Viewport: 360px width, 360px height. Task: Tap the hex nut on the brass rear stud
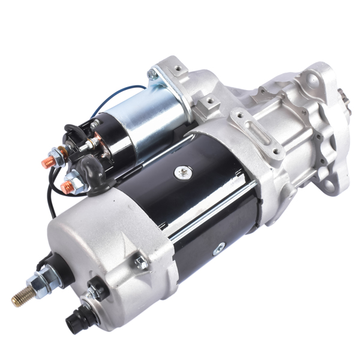click(x=37, y=282)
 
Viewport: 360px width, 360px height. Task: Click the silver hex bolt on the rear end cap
click(x=140, y=262)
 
